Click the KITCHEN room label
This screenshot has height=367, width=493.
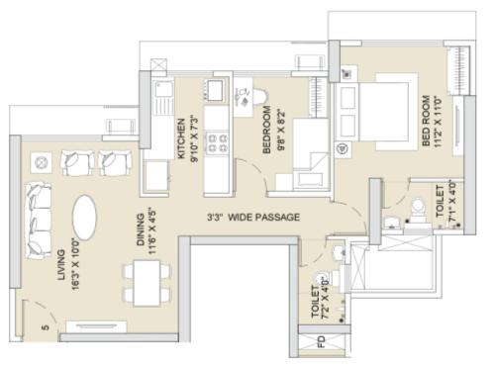181,138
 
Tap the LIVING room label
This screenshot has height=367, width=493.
61,264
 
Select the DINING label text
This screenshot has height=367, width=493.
141,229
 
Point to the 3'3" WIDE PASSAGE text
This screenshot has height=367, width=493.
253,217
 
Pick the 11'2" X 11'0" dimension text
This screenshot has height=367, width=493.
437,122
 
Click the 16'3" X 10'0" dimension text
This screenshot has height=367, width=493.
76,265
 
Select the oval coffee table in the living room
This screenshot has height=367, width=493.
84,218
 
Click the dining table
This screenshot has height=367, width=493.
147,283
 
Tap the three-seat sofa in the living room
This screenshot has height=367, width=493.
39,222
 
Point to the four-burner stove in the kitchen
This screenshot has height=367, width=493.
217,142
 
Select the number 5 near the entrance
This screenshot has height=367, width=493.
46,327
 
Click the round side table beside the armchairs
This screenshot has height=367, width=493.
41,162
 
